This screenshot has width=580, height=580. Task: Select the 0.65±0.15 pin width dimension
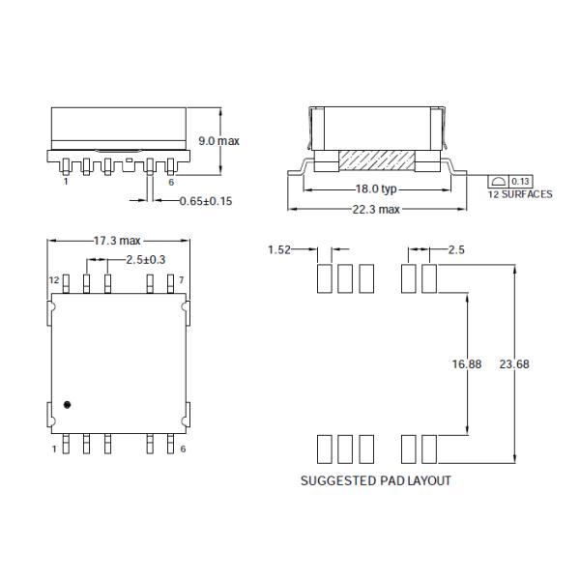pyautogui.click(x=205, y=201)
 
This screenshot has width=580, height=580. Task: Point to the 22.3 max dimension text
pyautogui.click(x=375, y=210)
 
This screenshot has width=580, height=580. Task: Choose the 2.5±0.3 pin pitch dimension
pyautogui.click(x=145, y=260)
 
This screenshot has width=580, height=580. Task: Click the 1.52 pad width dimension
pyautogui.click(x=279, y=250)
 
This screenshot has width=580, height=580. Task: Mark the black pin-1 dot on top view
pyautogui.click(x=67, y=404)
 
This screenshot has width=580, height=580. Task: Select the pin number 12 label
pyautogui.click(x=55, y=280)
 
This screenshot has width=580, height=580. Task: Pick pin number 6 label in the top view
pyautogui.click(x=182, y=450)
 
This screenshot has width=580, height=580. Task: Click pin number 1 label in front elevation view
pyautogui.click(x=65, y=181)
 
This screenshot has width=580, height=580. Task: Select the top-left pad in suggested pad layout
pyautogui.click(x=325, y=278)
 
